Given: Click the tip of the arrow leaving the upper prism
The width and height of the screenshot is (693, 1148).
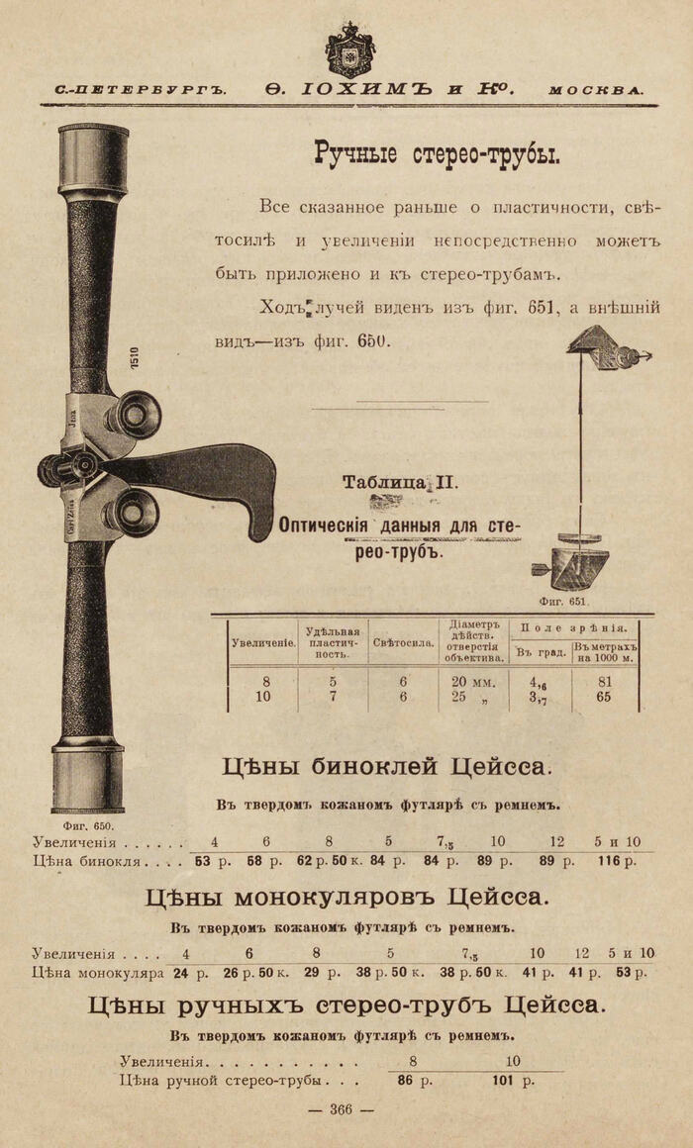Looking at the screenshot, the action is (652, 356).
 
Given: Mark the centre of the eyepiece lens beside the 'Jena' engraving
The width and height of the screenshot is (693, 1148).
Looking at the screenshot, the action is (137, 415).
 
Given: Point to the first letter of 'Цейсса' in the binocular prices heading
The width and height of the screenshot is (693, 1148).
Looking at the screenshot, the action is (457, 767).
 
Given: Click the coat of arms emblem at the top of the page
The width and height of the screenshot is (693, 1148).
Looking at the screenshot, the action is (349, 49).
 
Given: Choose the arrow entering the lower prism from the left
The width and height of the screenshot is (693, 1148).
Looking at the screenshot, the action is (544, 567).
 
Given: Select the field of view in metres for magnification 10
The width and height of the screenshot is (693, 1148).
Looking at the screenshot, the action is (604, 697).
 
